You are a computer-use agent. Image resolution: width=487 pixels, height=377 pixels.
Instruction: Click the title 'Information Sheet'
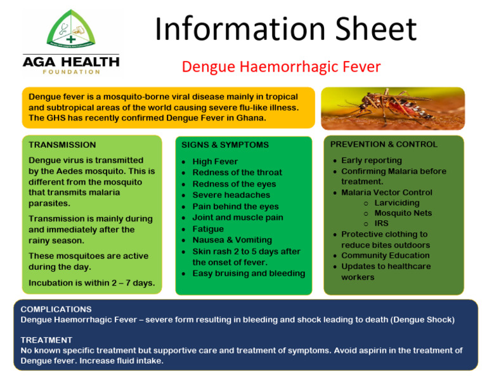coord(285,29)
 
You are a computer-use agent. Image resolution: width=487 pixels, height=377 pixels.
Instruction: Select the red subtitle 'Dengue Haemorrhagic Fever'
coord(281,67)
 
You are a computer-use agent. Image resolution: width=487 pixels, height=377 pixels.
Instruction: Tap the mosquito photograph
coord(393,109)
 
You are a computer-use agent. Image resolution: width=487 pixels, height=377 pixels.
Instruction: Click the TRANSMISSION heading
coord(62,145)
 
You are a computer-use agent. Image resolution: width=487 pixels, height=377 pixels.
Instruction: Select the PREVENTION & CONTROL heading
coord(384,144)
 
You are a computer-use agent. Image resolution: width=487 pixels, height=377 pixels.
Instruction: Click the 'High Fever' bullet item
coord(215,162)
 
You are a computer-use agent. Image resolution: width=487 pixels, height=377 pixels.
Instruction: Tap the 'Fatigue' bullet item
coord(208,228)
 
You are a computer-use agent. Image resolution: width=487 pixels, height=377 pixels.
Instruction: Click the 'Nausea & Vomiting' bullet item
coord(231,240)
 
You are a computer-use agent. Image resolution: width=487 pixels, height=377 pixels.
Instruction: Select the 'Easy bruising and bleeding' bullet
coord(248,274)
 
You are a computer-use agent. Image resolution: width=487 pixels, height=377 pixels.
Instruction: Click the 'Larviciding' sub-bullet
coord(396,203)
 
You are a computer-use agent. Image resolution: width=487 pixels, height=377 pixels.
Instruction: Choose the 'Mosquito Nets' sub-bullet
coord(403,213)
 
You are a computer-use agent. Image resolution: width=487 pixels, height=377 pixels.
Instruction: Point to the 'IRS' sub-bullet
coord(382,223)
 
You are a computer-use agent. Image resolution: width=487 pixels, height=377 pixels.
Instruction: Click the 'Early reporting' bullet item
coord(371,161)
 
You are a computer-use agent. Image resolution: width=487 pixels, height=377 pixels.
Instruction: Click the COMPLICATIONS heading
coord(56,309)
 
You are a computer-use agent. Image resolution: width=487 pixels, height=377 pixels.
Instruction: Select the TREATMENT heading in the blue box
coord(46,340)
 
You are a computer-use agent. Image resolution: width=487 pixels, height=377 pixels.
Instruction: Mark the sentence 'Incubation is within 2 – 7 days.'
coord(91,282)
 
